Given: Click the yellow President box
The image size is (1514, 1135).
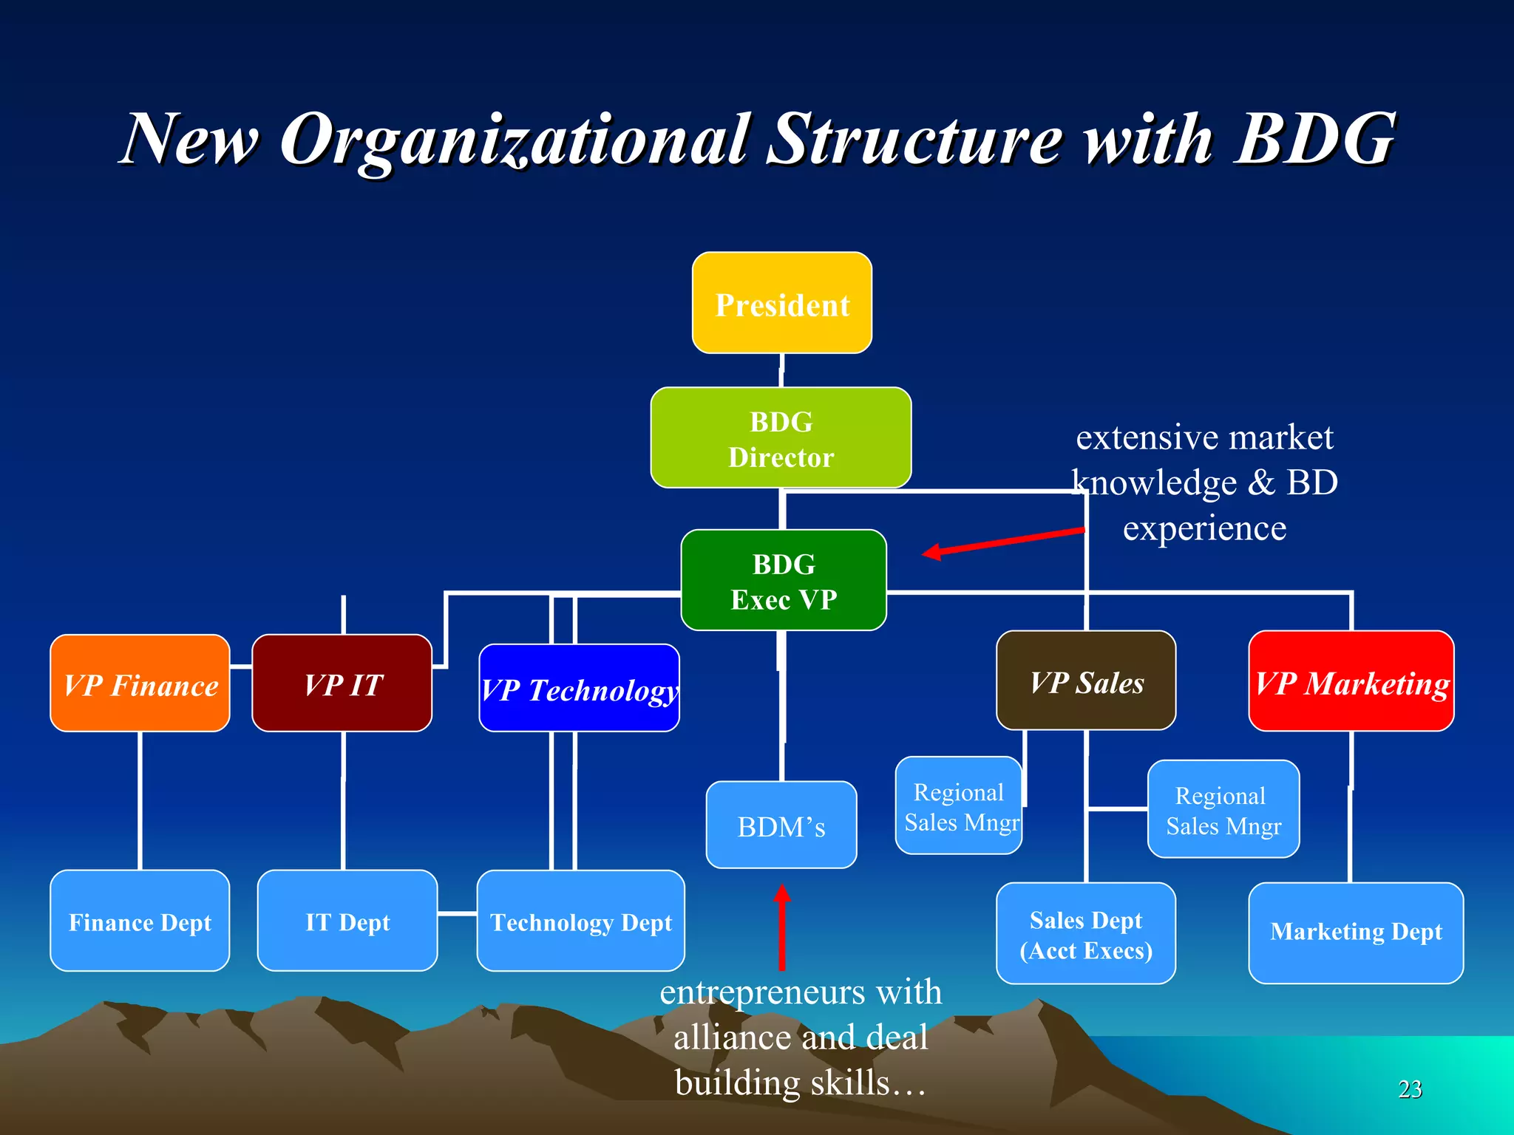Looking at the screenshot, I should tap(781, 303).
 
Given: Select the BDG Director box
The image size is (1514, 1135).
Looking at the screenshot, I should tap(781, 437).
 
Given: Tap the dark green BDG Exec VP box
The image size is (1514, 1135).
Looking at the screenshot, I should tap(783, 580).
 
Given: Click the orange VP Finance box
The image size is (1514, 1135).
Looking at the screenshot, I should tap(140, 684).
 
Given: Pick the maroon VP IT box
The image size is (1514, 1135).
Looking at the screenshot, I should tap(342, 684).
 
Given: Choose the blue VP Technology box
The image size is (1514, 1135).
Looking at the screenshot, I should tap(579, 688).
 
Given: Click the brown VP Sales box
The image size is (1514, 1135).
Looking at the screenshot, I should tap(1085, 681).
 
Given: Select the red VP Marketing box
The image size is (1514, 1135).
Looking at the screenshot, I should tap(1351, 681).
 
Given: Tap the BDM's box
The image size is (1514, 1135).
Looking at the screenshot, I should tap(781, 825).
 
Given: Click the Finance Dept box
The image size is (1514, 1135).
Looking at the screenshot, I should tap(140, 921).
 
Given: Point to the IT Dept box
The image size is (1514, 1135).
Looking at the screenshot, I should tap(347, 921).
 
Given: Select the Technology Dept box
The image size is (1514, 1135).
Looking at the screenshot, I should tap(580, 921).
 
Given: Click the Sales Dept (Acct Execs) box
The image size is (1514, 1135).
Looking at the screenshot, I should tap(1085, 933).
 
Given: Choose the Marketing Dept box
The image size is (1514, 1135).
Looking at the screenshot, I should tap(1355, 933).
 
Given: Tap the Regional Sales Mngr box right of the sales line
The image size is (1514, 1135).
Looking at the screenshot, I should tap(1223, 809).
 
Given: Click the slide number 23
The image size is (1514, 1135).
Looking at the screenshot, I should tap(1410, 1089).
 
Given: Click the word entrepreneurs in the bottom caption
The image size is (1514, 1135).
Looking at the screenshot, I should tap(761, 992).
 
